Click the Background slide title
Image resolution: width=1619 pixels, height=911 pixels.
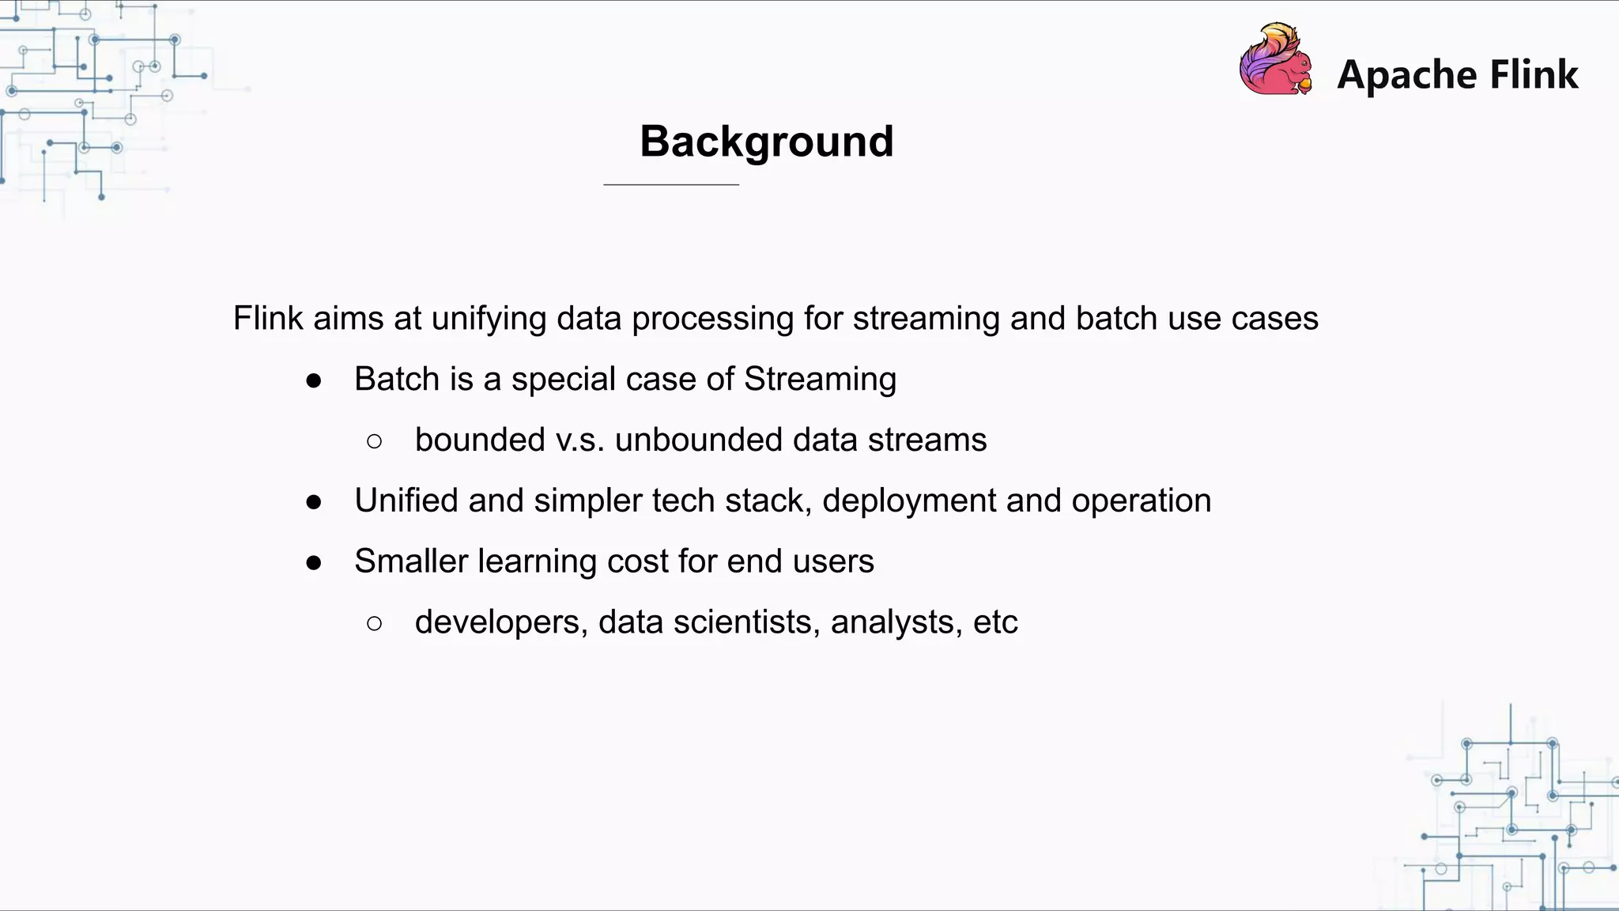[766, 142]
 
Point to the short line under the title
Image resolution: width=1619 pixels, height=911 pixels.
[670, 184]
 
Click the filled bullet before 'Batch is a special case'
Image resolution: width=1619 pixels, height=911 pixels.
[314, 381]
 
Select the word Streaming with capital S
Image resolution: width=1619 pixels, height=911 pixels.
[820, 380]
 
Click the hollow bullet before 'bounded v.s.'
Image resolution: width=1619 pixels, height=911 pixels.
[375, 441]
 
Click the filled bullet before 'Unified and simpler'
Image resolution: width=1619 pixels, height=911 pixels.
[314, 502]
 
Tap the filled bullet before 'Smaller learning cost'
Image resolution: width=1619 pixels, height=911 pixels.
[314, 563]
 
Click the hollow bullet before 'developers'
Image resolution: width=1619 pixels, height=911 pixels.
[375, 624]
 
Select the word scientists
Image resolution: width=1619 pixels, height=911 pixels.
[746, 622]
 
